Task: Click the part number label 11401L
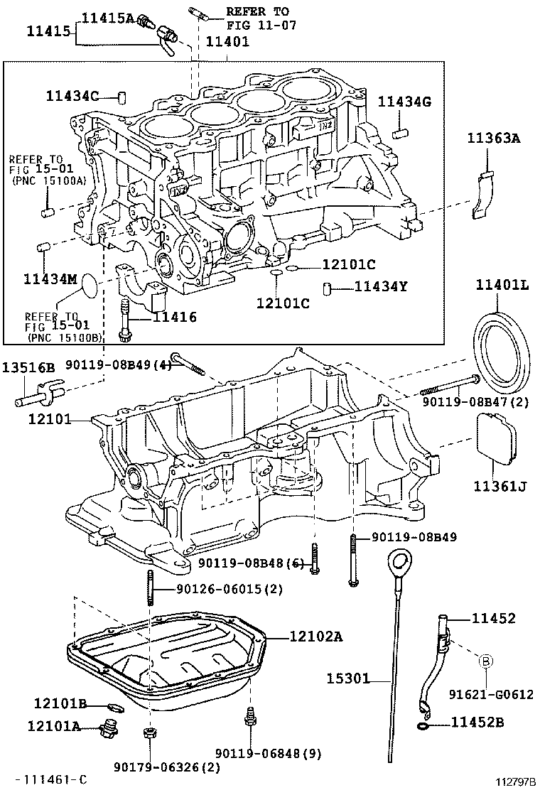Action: (502, 286)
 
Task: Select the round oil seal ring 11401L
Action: (501, 351)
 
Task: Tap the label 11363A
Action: (493, 138)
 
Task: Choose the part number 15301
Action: (347, 678)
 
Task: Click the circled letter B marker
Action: (486, 661)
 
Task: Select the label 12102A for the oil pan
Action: (316, 637)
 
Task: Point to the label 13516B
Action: (28, 367)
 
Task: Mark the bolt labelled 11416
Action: (124, 320)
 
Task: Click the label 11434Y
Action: (381, 287)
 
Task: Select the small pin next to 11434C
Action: (122, 97)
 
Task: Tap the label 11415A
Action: (108, 18)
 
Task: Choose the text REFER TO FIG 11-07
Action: (261, 18)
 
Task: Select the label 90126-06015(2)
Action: (229, 588)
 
